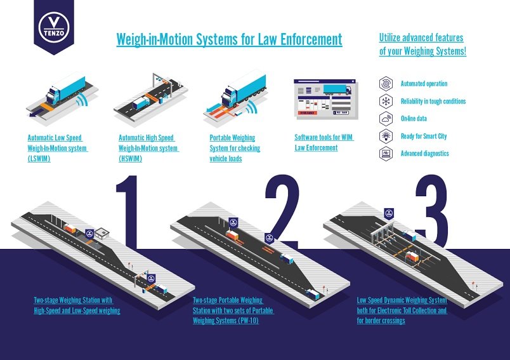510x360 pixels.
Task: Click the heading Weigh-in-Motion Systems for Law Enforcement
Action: point(229,39)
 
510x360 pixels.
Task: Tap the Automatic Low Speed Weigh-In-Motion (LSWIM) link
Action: point(57,148)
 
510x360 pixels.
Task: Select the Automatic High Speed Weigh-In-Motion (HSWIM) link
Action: point(148,148)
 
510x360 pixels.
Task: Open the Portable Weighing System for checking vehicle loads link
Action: point(235,148)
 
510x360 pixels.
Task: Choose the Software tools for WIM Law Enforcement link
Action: point(324,142)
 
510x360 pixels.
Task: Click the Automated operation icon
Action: point(386,84)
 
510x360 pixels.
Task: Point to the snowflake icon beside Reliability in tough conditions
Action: point(386,101)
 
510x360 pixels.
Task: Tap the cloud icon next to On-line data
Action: point(386,119)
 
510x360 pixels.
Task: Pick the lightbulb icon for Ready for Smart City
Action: point(386,136)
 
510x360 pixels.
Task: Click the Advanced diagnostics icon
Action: point(386,153)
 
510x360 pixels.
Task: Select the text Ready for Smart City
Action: point(423,136)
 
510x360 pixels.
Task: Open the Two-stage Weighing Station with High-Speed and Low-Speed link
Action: point(77,305)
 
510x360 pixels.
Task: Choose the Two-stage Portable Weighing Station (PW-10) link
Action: point(228,310)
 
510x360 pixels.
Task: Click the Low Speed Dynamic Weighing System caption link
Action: point(402,310)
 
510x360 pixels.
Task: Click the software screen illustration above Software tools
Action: point(325,100)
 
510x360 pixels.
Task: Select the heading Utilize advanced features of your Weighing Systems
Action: point(422,44)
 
